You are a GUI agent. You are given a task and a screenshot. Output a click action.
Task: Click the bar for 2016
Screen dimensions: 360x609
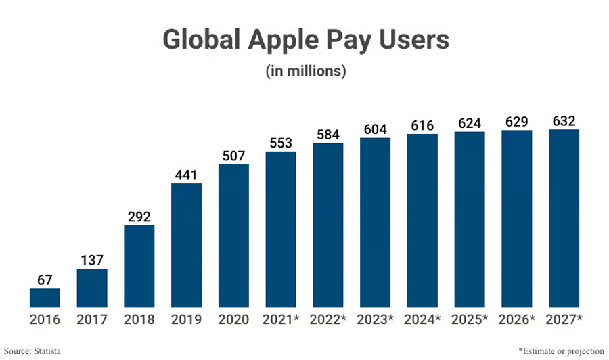(x=45, y=298)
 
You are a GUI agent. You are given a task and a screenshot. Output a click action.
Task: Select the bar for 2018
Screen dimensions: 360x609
(x=139, y=266)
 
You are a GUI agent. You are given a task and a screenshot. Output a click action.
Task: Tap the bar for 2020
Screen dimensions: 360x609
(x=233, y=235)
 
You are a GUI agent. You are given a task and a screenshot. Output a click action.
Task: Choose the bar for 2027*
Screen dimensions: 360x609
(x=564, y=218)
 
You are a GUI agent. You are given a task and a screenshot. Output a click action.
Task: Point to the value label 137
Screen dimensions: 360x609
(x=92, y=260)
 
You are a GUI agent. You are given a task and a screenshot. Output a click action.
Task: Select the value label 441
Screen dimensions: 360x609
(x=186, y=175)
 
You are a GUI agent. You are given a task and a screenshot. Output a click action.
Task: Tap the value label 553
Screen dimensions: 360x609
(x=281, y=143)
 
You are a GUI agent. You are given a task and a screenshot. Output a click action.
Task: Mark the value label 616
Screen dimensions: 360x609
(x=422, y=126)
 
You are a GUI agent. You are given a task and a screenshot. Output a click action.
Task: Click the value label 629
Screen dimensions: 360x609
(x=516, y=122)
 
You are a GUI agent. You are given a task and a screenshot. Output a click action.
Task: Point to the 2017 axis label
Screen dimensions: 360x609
(x=92, y=319)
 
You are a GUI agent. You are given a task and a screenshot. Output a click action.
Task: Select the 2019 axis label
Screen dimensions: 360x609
(x=186, y=319)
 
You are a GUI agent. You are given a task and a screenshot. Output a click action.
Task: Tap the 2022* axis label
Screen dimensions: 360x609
(x=328, y=319)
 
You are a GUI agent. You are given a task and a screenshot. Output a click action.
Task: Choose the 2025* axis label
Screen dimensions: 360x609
(x=470, y=319)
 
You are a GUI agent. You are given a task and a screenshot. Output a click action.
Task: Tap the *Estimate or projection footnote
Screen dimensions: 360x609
(x=561, y=351)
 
